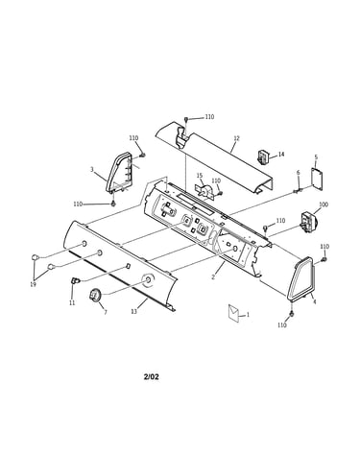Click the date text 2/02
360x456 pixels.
coord(151,376)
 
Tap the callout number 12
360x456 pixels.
coord(236,138)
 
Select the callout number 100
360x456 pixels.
coord(324,204)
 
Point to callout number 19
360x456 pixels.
coord(33,284)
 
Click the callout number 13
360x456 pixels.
coord(134,311)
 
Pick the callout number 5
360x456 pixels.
coord(316,157)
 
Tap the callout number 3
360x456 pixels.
coord(92,170)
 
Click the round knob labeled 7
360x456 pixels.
coord(94,294)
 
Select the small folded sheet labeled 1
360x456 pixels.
coord(233,313)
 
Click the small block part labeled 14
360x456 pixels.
coord(263,156)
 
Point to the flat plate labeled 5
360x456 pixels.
coord(317,180)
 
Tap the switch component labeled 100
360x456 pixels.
coord(307,222)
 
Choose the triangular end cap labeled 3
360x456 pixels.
coord(119,173)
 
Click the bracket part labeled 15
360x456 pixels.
coord(204,192)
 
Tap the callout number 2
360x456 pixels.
coord(213,277)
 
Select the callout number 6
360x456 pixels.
coord(299,173)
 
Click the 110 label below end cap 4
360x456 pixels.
coord(282,325)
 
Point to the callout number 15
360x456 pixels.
coord(200,176)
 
